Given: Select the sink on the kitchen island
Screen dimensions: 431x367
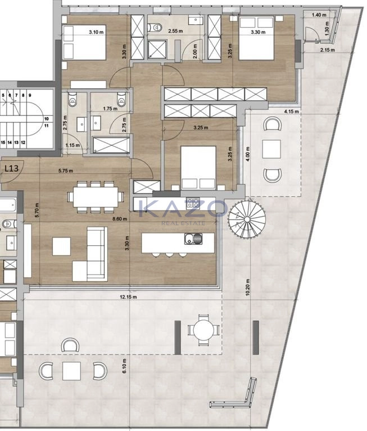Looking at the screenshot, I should click(192, 240).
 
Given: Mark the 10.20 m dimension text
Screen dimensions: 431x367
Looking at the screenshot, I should click(248, 289).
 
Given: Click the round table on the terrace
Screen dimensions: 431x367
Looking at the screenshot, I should click(201, 329).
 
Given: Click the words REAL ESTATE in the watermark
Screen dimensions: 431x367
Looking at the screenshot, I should click(183, 223).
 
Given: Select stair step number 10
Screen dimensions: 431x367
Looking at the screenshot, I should click(46, 119).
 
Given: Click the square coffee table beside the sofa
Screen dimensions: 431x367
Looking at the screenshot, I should click(61, 246).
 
